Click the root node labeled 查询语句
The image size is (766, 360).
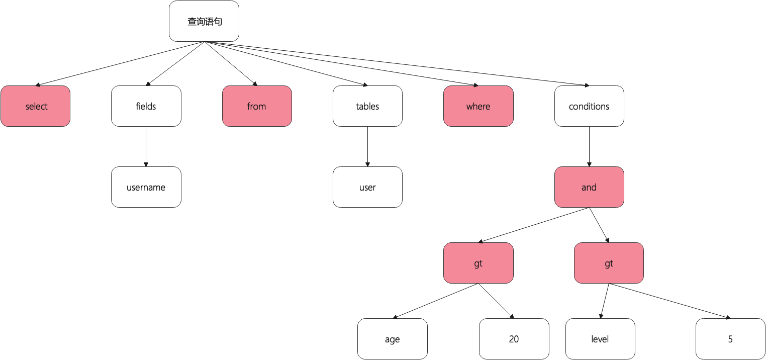[x=204, y=21]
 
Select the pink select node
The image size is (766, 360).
[x=35, y=106]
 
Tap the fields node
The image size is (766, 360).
[x=146, y=106]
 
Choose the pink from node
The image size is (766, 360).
[x=257, y=106]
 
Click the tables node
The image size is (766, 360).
[x=367, y=106]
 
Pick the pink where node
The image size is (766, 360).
[x=478, y=106]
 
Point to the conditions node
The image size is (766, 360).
[x=589, y=106]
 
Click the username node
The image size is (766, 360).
[x=146, y=187]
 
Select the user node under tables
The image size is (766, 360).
[x=367, y=187]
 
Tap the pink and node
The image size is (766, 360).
[x=589, y=187]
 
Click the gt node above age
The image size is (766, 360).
[x=478, y=263]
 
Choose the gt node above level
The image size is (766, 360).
[x=609, y=263]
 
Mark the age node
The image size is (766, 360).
[x=392, y=339]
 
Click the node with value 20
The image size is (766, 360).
[x=514, y=339]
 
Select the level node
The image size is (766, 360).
[x=600, y=339]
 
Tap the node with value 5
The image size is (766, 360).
[x=730, y=339]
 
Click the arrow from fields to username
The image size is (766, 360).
[x=146, y=146]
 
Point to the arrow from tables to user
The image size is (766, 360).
[x=367, y=146]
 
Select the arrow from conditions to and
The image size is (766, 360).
[x=589, y=146]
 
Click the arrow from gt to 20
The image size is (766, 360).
[x=496, y=301]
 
